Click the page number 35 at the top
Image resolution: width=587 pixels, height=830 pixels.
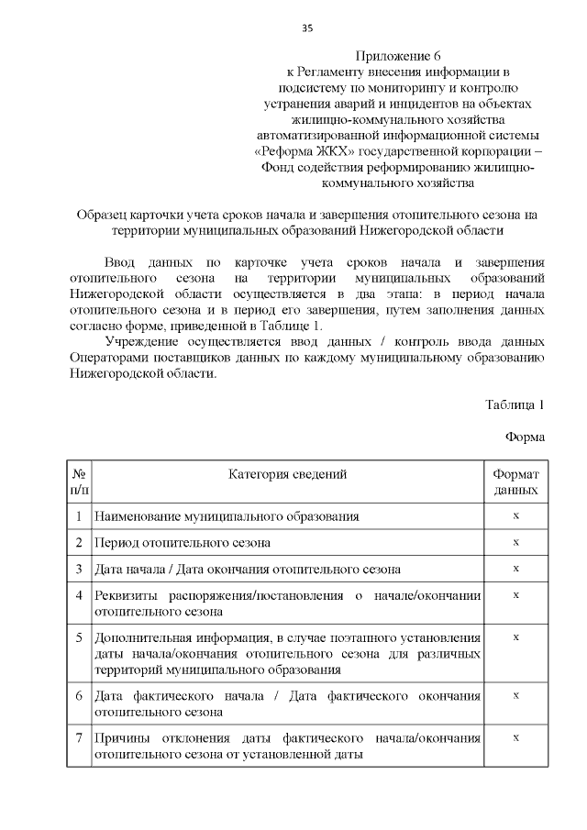[x=307, y=28]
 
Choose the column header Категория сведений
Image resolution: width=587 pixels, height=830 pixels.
[x=288, y=474]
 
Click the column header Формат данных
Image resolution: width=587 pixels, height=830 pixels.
[x=515, y=482]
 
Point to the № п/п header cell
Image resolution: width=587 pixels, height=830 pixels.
[x=80, y=482]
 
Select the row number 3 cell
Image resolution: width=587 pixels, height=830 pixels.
[x=80, y=569]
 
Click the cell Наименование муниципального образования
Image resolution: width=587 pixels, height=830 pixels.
[x=227, y=516]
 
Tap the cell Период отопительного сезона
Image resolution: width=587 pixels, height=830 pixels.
[x=183, y=542]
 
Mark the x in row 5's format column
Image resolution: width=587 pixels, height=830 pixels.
[x=515, y=636]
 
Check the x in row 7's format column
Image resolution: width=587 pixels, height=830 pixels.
[x=515, y=737]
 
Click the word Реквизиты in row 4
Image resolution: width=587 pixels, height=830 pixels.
[x=129, y=595]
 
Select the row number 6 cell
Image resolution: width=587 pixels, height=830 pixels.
[x=80, y=696]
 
